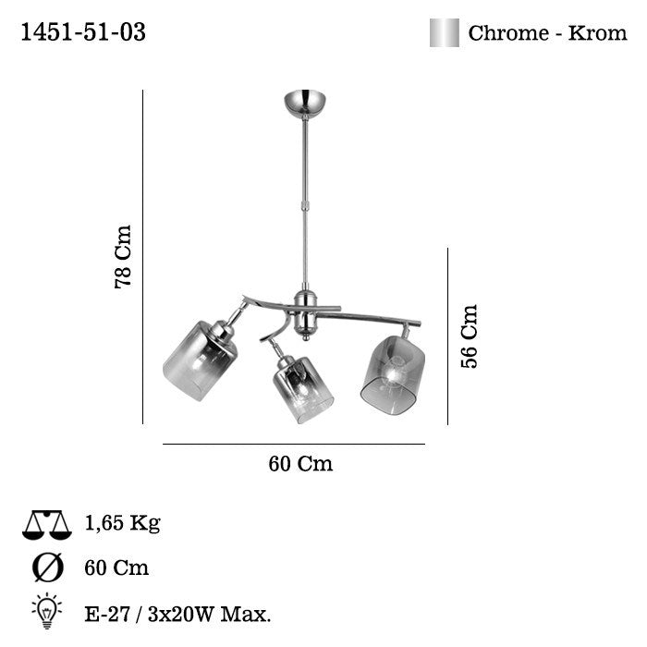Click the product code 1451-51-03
83,32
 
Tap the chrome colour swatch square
444,33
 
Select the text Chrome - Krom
547,33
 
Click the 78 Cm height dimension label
122,257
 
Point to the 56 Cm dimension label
470,336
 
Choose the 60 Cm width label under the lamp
300,464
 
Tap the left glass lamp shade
200,360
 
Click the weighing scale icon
47,525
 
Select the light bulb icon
47,609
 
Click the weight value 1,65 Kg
122,524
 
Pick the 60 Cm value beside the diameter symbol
116,568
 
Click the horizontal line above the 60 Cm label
294,445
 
